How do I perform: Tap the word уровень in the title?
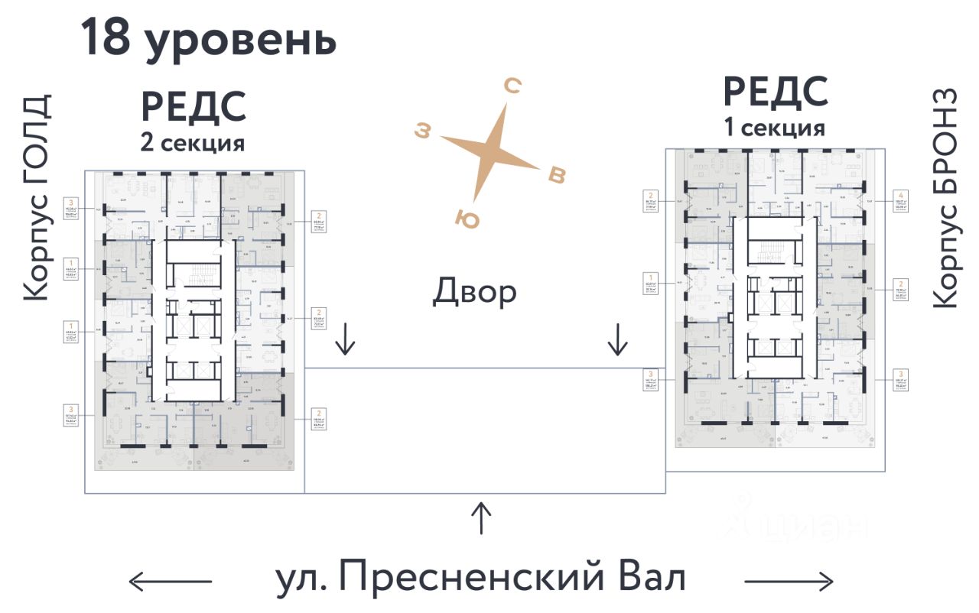(240, 41)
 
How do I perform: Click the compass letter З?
(422, 131)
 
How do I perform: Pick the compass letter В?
(558, 175)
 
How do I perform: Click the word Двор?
(474, 291)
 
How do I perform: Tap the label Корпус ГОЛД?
(36, 198)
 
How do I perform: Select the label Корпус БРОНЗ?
(945, 198)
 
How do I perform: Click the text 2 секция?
(192, 143)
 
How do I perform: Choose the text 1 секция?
(775, 128)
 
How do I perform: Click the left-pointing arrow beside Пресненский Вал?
(170, 582)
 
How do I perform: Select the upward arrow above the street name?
(480, 518)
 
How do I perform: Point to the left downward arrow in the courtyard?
(345, 339)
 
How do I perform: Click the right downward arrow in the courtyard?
(616, 339)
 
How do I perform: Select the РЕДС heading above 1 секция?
(776, 92)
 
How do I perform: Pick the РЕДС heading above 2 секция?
(194, 107)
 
